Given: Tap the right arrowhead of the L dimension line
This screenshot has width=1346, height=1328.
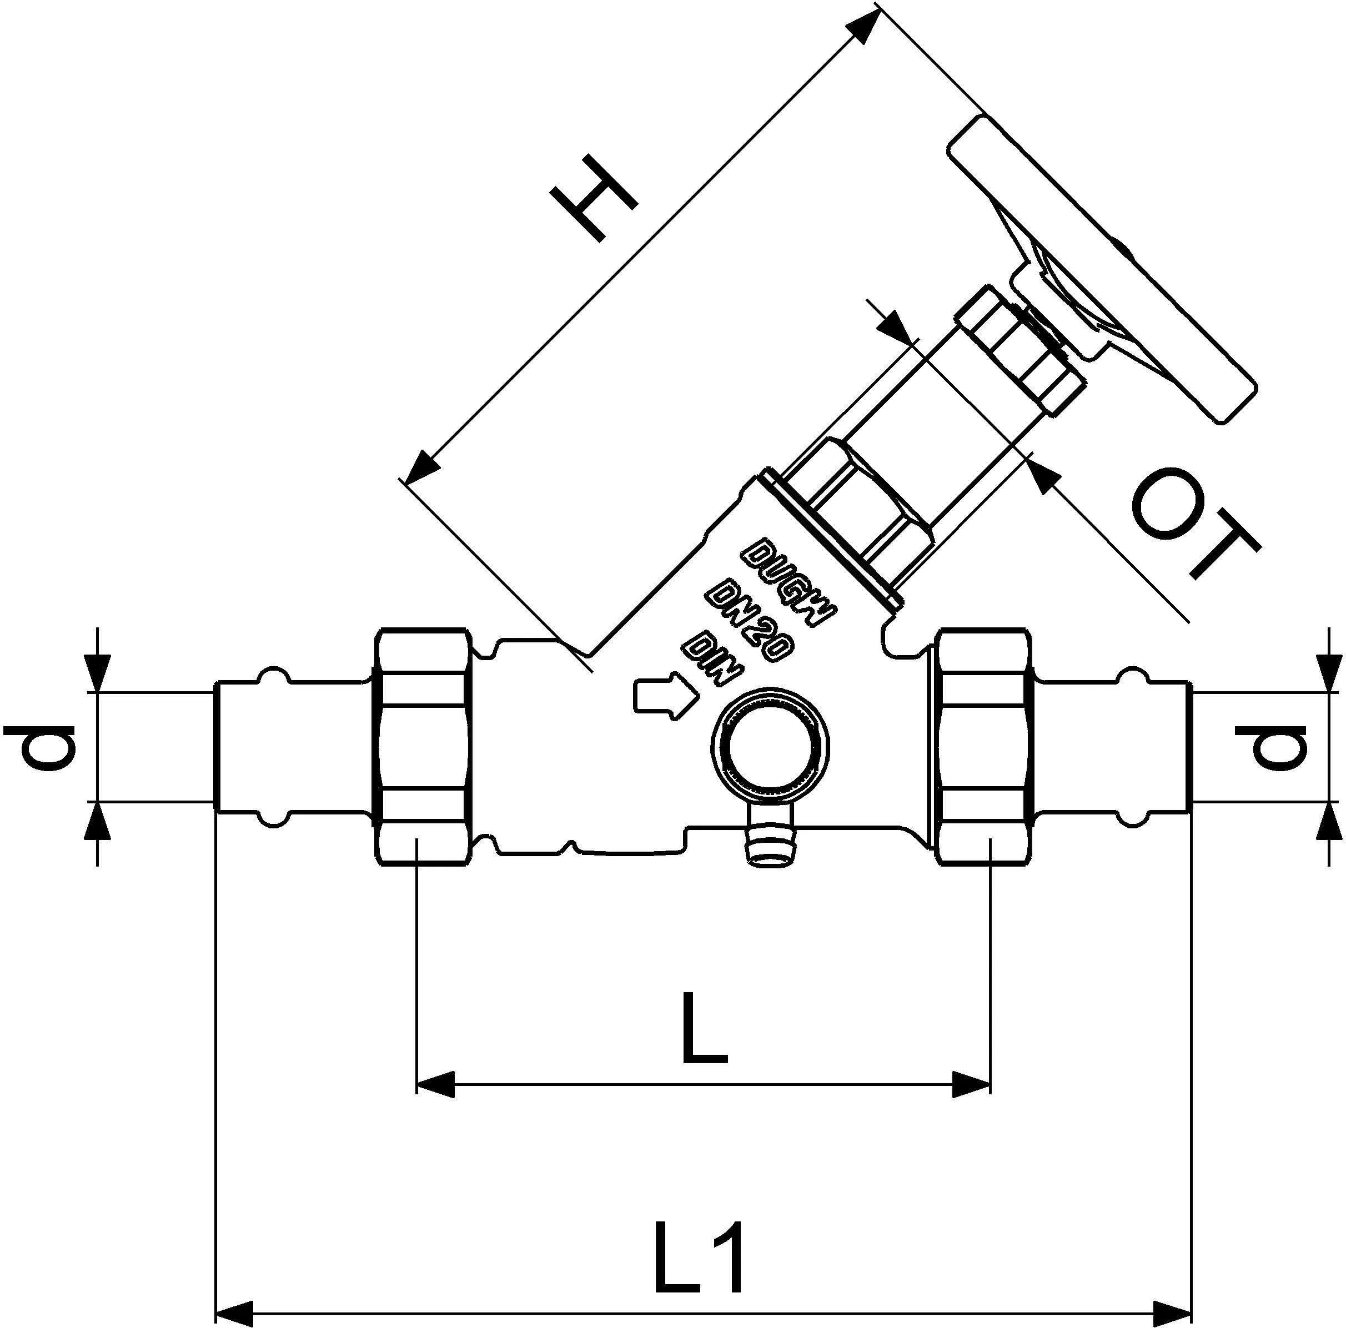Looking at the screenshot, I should (x=972, y=1085).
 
